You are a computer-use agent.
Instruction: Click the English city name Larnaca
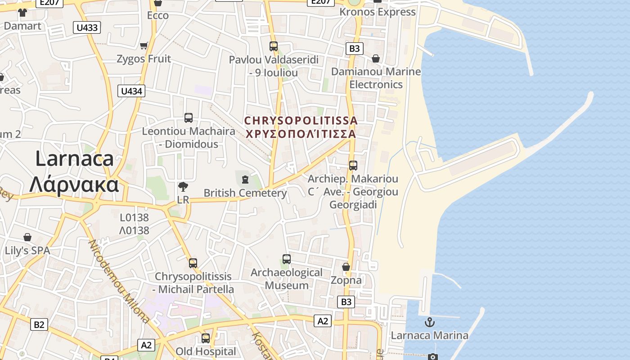(x=74, y=159)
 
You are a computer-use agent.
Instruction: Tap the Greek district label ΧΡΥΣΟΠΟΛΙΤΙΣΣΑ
(x=301, y=134)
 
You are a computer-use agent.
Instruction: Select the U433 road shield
(x=87, y=27)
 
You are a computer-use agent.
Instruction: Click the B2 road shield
(x=39, y=324)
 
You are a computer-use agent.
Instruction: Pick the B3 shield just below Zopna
(x=346, y=301)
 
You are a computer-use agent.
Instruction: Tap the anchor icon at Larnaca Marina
(x=430, y=322)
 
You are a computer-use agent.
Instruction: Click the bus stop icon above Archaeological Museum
(x=287, y=259)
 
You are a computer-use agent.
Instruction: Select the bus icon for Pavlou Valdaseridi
(x=274, y=46)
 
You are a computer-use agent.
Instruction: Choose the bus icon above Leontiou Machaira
(x=189, y=118)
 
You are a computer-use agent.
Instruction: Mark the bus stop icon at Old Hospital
(x=206, y=338)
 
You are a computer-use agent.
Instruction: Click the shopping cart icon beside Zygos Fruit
(x=144, y=45)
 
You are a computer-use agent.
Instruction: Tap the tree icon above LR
(x=183, y=186)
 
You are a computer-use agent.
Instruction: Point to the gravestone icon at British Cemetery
(x=245, y=180)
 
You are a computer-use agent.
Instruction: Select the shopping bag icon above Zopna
(x=346, y=267)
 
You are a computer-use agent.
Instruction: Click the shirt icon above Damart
(x=22, y=13)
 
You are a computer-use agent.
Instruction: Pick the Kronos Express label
(x=377, y=12)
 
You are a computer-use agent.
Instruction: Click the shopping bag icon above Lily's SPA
(x=27, y=237)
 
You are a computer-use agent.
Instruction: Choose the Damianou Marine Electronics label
(x=376, y=78)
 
